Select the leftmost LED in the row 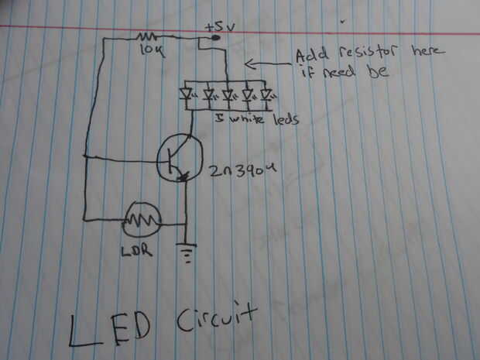(187, 96)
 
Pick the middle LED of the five (228, 96)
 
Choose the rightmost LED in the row (267, 96)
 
